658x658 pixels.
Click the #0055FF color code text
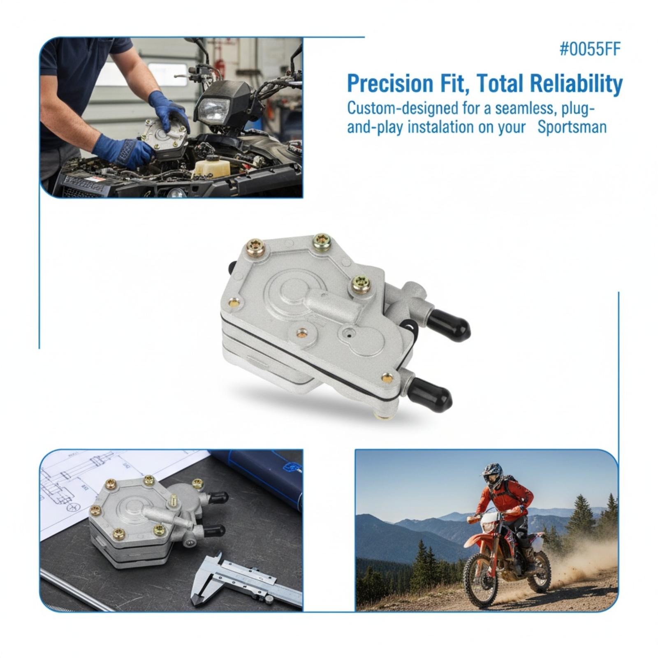590,49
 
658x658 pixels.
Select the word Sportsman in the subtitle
572,127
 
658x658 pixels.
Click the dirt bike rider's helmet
493,475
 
